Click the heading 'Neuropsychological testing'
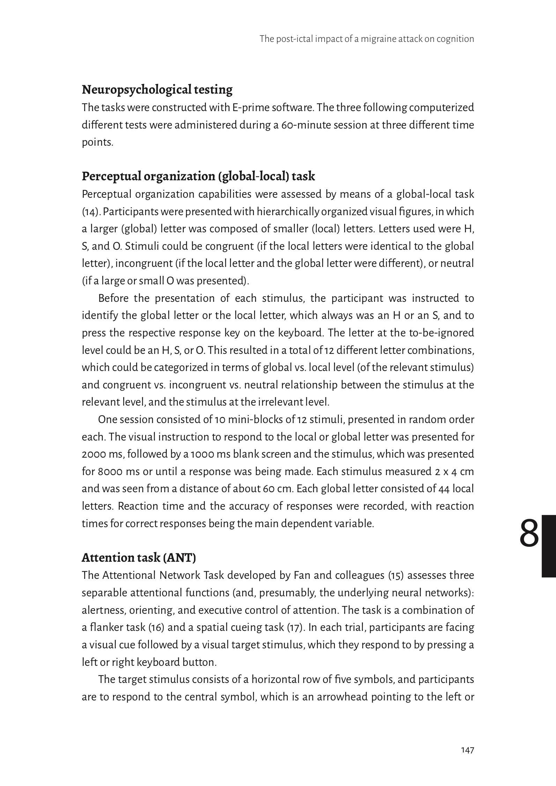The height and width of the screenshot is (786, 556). click(157, 90)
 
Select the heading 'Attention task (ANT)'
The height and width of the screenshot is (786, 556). click(139, 558)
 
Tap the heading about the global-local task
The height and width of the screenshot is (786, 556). click(198, 176)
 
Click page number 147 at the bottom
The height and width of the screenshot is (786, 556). click(467, 750)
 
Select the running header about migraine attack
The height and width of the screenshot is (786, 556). click(366, 39)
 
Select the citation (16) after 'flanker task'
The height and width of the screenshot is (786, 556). click(156, 627)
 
